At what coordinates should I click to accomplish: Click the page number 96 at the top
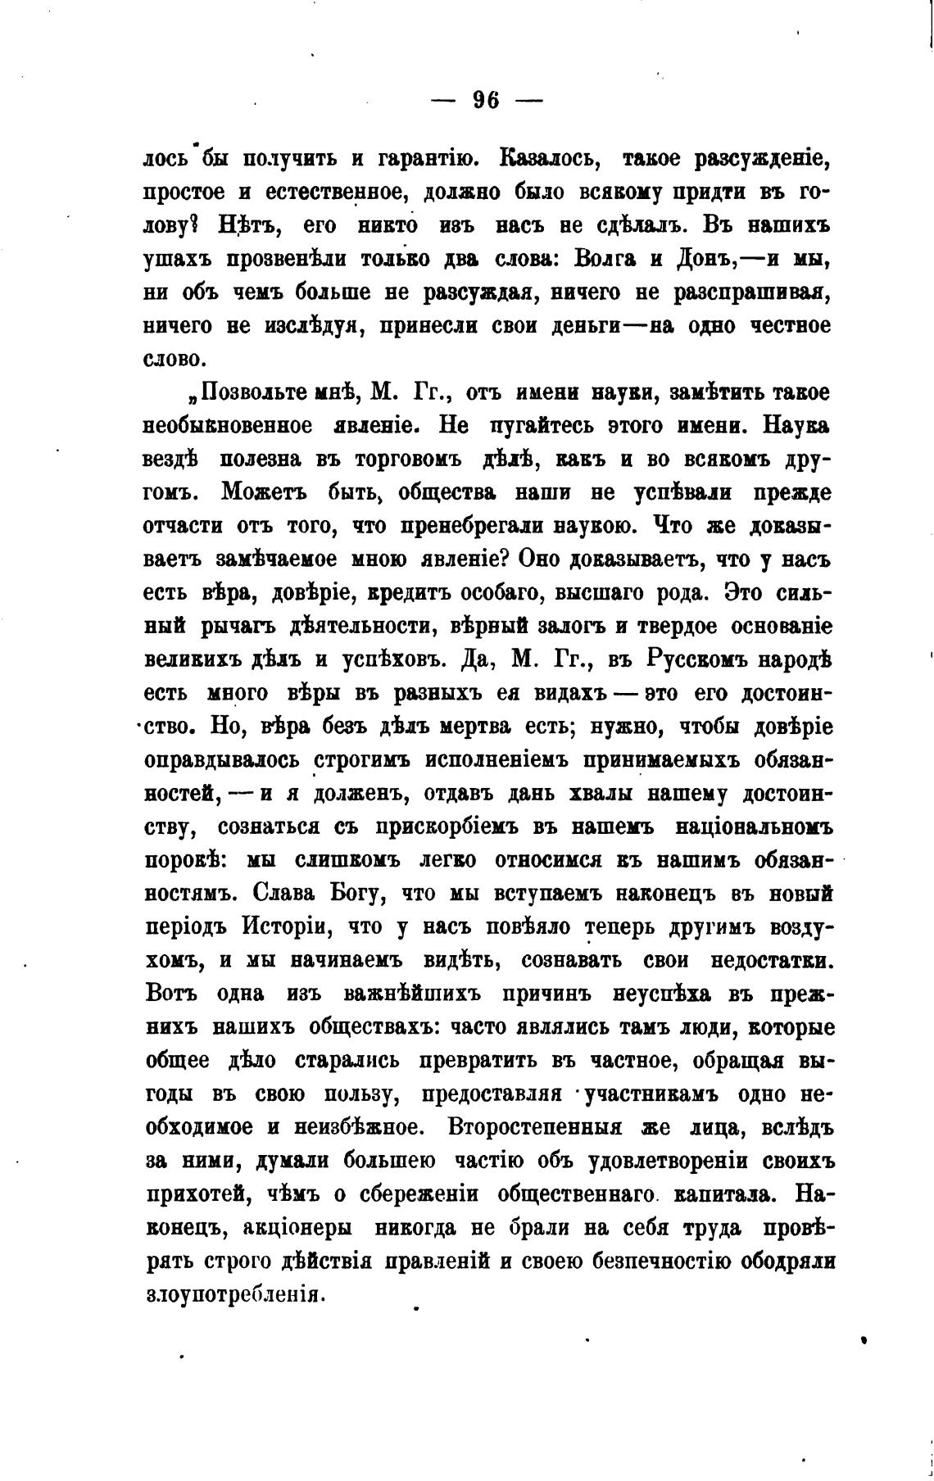point(487,100)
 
